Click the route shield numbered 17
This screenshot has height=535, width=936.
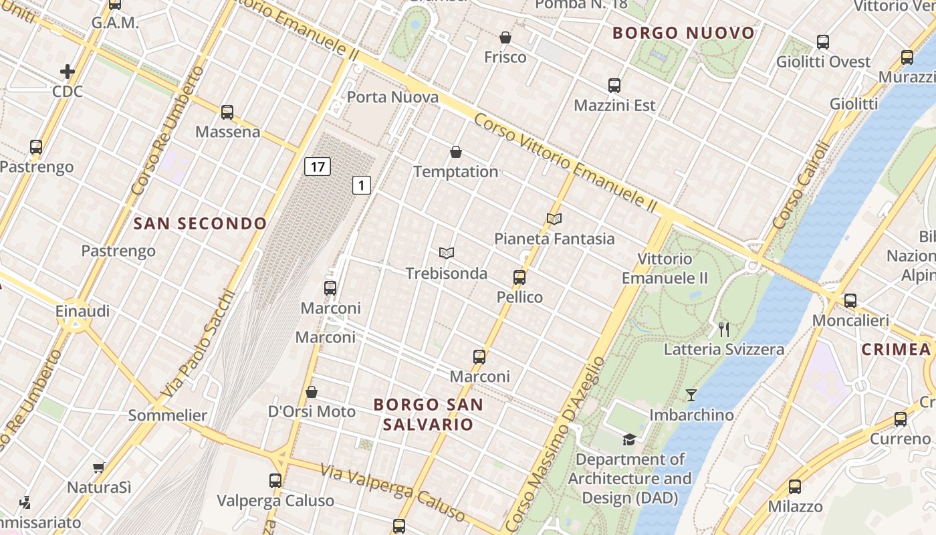[x=318, y=167]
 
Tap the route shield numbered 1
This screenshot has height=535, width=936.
[x=362, y=185]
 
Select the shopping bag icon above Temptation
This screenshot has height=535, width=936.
[x=456, y=152]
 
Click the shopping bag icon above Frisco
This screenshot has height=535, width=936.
[x=505, y=37]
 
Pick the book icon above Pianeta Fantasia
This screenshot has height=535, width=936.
[x=554, y=219]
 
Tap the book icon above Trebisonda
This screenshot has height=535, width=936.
[x=447, y=253]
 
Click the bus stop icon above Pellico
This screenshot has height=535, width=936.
[x=519, y=278]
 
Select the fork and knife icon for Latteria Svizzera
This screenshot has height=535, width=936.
[x=723, y=329]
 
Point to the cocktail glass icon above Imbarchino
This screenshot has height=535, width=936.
[x=691, y=395]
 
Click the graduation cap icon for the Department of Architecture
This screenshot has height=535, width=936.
[x=629, y=439]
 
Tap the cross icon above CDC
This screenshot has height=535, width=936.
[x=68, y=72]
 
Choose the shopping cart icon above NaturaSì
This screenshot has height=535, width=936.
[x=99, y=467]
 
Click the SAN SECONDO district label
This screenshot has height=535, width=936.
[x=200, y=223]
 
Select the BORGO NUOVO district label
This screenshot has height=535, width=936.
[x=683, y=33]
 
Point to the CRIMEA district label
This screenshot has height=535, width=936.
[x=896, y=349]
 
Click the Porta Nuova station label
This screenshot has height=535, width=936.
[x=392, y=98]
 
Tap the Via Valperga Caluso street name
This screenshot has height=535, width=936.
[x=392, y=493]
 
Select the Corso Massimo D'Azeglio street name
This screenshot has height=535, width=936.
[x=554, y=442]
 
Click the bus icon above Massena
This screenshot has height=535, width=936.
[x=227, y=112]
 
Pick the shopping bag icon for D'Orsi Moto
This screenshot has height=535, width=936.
[x=312, y=392]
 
